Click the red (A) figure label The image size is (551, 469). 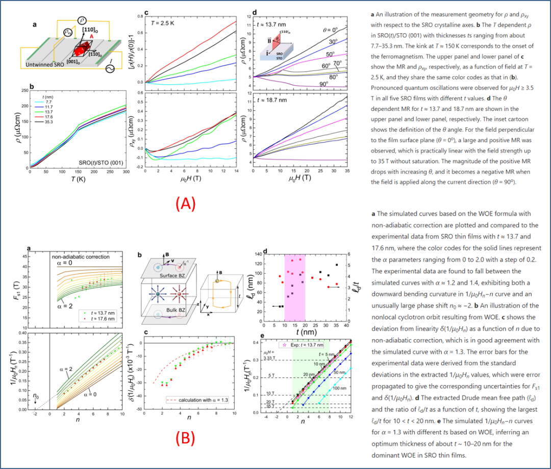coord(184,204)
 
